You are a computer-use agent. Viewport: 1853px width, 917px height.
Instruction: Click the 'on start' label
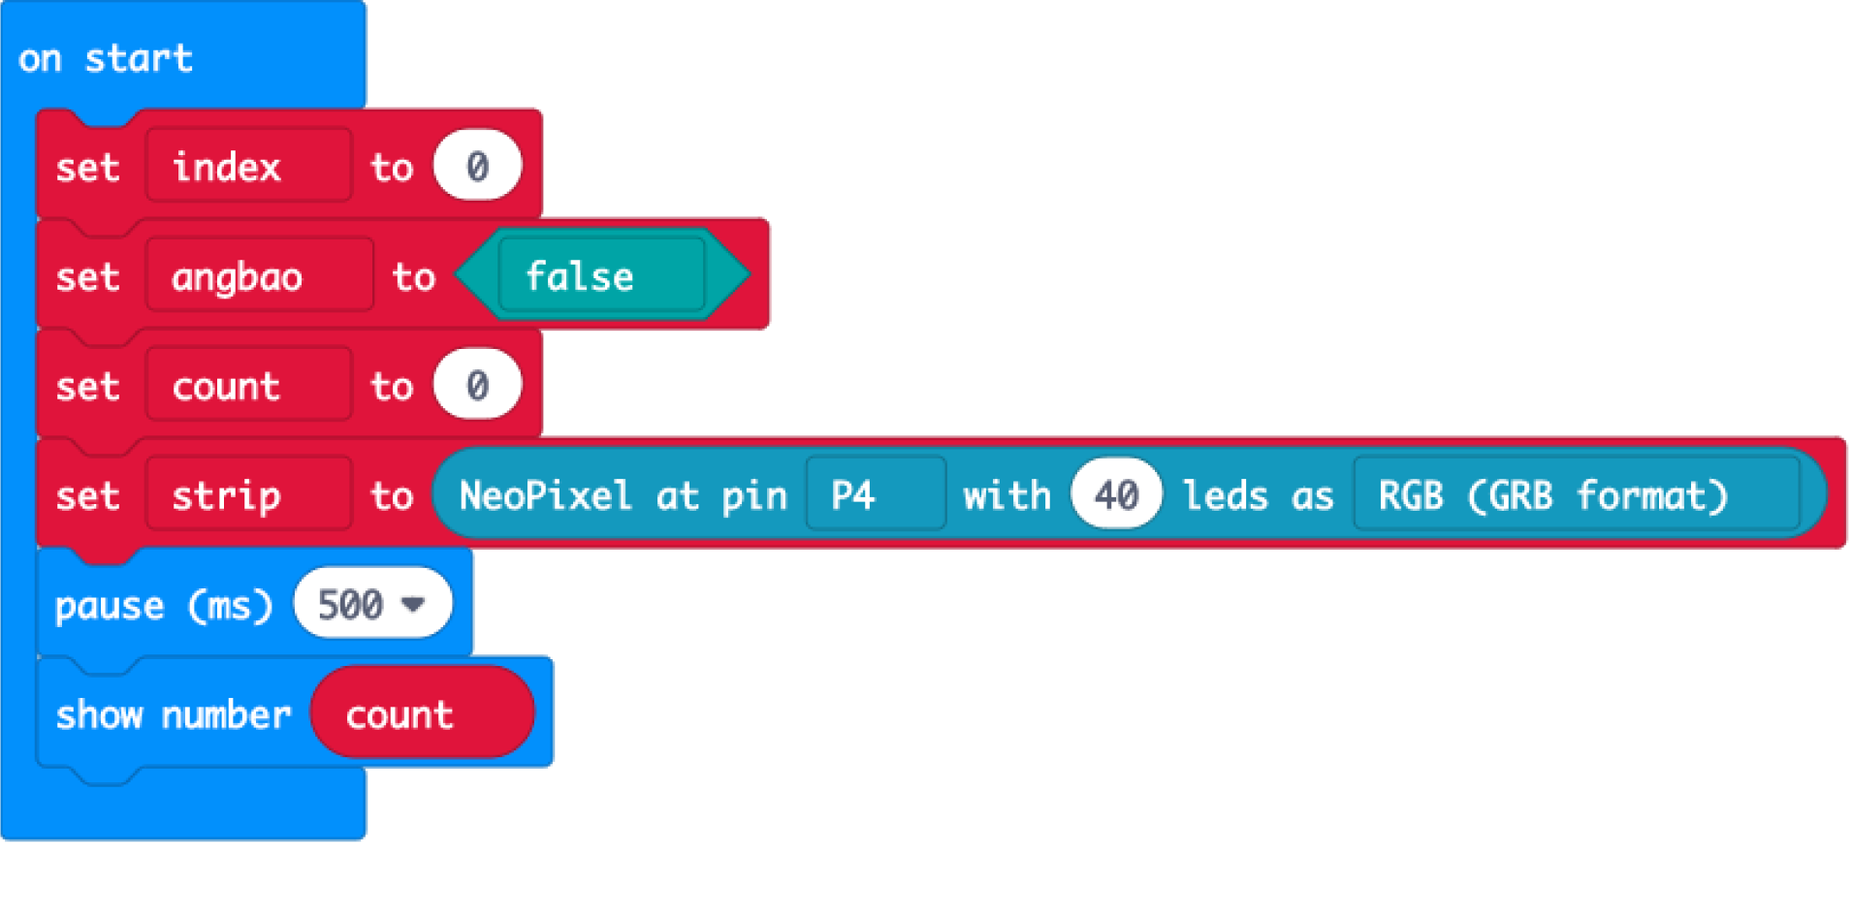[105, 58]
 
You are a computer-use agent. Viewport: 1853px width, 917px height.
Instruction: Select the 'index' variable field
[248, 167]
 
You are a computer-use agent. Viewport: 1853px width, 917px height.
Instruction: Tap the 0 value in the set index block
[477, 167]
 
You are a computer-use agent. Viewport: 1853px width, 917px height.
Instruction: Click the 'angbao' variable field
[259, 277]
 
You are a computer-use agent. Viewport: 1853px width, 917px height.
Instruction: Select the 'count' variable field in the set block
[248, 387]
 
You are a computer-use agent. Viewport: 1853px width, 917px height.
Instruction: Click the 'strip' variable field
[248, 496]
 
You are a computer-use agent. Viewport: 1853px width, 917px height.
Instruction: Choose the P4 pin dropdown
[875, 496]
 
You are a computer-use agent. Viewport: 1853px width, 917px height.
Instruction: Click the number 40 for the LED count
[1116, 496]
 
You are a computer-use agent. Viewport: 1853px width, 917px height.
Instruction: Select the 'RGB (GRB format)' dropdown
[1575, 496]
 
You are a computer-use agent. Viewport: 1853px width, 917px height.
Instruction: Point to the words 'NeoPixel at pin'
[623, 496]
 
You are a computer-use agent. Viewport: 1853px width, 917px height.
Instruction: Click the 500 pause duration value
[351, 605]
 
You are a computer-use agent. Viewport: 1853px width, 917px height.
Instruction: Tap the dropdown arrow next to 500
[414, 605]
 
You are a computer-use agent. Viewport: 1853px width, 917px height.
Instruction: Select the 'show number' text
[173, 715]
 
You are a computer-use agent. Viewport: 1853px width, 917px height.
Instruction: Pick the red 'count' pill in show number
[422, 715]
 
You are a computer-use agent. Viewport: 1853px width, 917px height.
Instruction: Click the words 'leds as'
[1258, 496]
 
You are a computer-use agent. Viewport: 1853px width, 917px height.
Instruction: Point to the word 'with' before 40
[1006, 496]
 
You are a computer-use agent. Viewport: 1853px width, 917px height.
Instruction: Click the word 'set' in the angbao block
[87, 277]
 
